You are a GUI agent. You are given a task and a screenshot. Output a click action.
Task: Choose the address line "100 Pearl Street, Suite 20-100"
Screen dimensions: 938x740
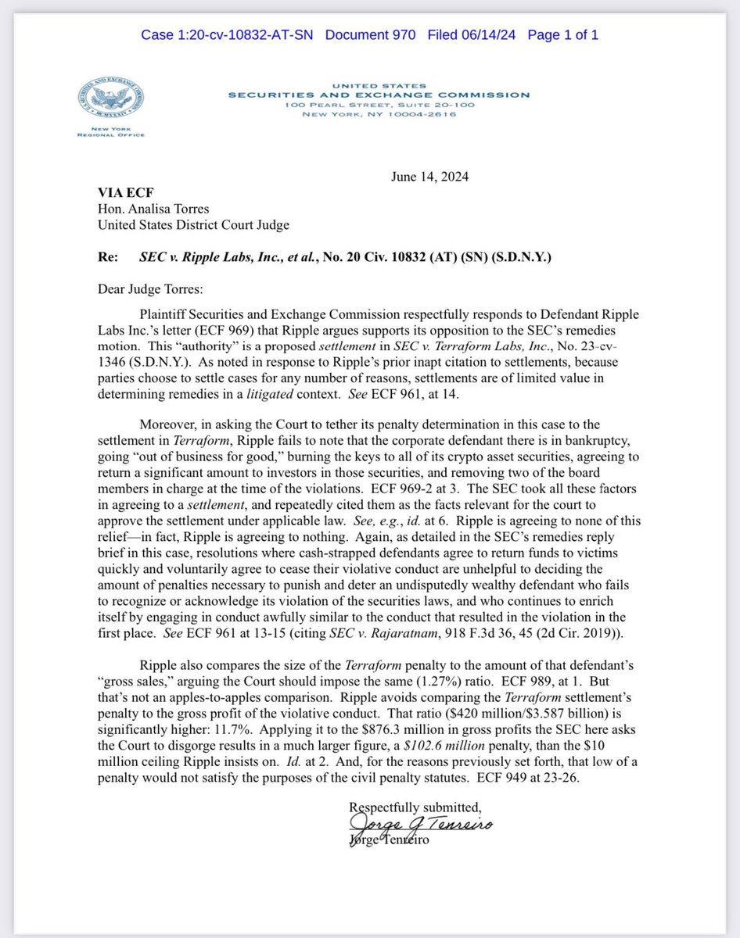click(379, 105)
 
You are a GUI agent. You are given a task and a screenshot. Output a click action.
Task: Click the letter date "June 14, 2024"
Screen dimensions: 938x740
click(429, 177)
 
